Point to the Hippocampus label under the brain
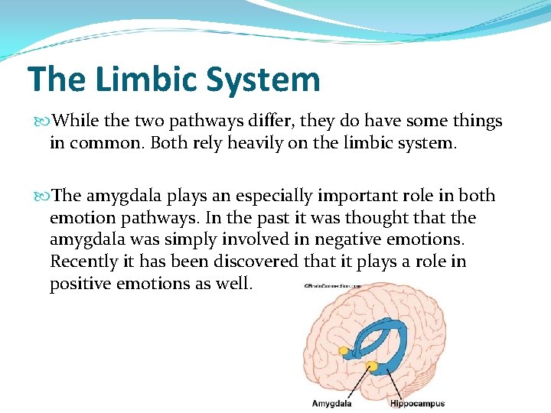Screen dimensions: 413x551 pyautogui.click(x=417, y=403)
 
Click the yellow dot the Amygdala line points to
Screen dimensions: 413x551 pyautogui.click(x=373, y=366)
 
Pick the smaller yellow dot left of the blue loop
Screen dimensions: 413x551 pyautogui.click(x=344, y=351)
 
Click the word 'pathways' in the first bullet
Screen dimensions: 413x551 pyautogui.click(x=190, y=121)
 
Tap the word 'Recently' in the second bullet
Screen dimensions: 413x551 pyautogui.click(x=81, y=262)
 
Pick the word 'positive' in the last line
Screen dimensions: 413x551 pyautogui.click(x=79, y=284)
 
